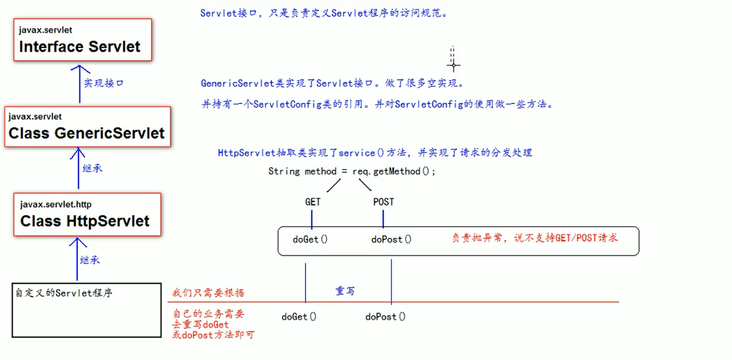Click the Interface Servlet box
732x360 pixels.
click(x=83, y=40)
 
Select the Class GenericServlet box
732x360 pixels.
click(x=87, y=126)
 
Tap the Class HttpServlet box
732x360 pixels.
click(x=87, y=214)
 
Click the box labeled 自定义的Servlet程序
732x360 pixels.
click(x=87, y=310)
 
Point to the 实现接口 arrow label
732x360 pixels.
click(x=104, y=83)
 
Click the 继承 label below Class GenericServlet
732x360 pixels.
click(x=93, y=168)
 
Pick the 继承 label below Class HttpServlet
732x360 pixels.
click(x=90, y=260)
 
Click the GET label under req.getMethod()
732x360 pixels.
click(x=313, y=202)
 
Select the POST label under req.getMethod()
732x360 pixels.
click(x=384, y=202)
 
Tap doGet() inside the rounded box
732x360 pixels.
click(x=310, y=239)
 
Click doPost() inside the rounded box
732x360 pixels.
click(x=391, y=239)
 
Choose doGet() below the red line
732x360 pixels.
click(x=299, y=317)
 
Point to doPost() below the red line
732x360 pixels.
click(x=385, y=317)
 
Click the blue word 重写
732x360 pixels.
click(x=345, y=291)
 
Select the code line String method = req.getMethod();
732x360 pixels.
click(x=352, y=171)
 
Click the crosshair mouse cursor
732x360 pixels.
click(x=453, y=65)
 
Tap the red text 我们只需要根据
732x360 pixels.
click(x=209, y=293)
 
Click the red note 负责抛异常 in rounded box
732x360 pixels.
click(x=534, y=238)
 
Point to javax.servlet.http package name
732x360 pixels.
click(x=55, y=204)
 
